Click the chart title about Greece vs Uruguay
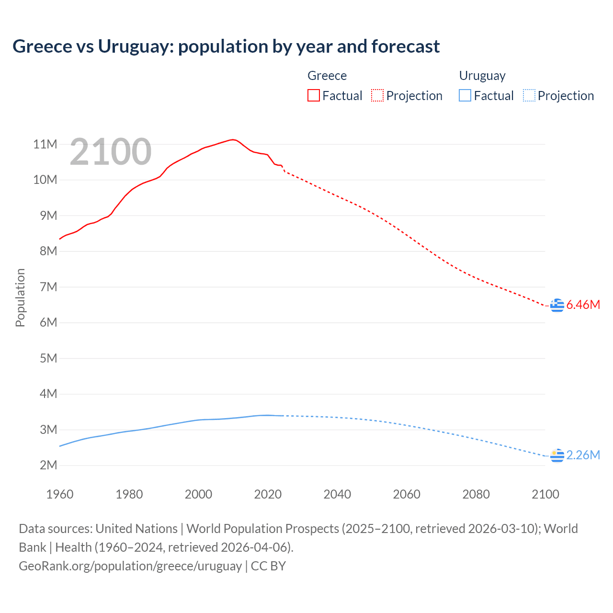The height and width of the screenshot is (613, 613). [226, 46]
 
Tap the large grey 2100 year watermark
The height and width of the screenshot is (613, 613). [111, 152]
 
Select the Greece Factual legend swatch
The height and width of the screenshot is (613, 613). [313, 96]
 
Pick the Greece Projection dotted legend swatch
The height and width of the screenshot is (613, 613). [377, 96]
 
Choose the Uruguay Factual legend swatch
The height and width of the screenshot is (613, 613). [465, 96]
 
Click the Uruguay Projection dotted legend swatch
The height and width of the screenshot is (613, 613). [529, 96]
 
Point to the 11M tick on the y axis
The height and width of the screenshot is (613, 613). [45, 144]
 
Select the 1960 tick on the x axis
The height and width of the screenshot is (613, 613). [60, 494]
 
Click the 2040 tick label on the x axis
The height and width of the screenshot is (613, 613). [337, 494]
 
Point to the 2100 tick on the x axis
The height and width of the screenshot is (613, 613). [545, 494]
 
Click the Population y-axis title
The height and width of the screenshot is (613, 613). [20, 297]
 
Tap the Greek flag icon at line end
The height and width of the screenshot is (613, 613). [557, 305]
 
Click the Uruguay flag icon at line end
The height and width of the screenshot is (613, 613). [557, 455]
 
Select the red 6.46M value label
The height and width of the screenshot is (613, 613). [583, 305]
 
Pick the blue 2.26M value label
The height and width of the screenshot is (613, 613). [583, 455]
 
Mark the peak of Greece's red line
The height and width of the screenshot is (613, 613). [233, 139]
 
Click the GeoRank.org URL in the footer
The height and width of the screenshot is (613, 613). [130, 566]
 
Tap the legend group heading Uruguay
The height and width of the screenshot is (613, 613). [482, 76]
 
